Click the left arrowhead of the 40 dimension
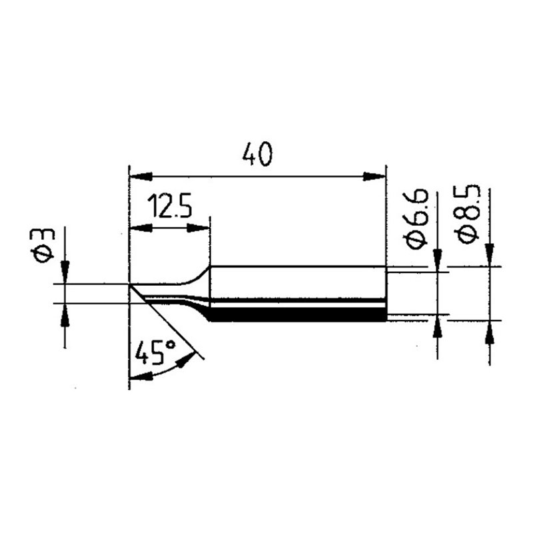pos(139,177)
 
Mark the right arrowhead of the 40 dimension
pos(374,177)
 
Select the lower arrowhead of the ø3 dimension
pos(65,316)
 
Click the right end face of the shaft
pos(386,293)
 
